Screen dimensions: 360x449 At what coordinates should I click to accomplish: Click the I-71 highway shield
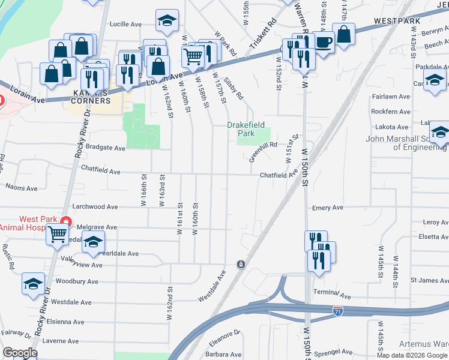click(339, 311)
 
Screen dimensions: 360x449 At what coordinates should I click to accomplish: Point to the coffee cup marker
click(324, 42)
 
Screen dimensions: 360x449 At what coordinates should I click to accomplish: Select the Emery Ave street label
click(328, 208)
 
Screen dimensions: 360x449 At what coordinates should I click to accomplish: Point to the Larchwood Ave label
click(95, 206)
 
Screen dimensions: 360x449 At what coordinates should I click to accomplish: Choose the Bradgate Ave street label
click(105, 148)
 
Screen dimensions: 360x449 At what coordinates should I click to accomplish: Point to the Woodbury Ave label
click(76, 281)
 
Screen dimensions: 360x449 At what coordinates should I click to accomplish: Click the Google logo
click(20, 353)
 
